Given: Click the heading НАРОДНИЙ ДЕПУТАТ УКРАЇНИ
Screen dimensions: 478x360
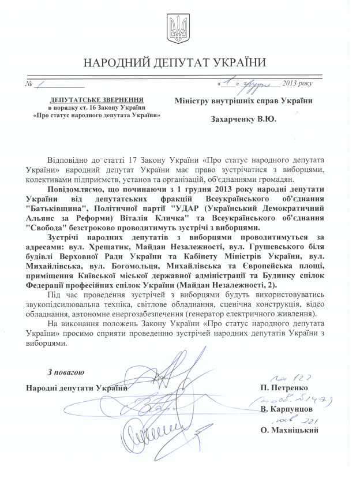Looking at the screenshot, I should tap(180, 62).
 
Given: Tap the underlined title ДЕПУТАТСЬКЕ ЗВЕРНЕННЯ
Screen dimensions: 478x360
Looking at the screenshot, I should tap(95, 99).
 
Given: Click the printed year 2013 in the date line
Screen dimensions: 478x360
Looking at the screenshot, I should tap(284, 85).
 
